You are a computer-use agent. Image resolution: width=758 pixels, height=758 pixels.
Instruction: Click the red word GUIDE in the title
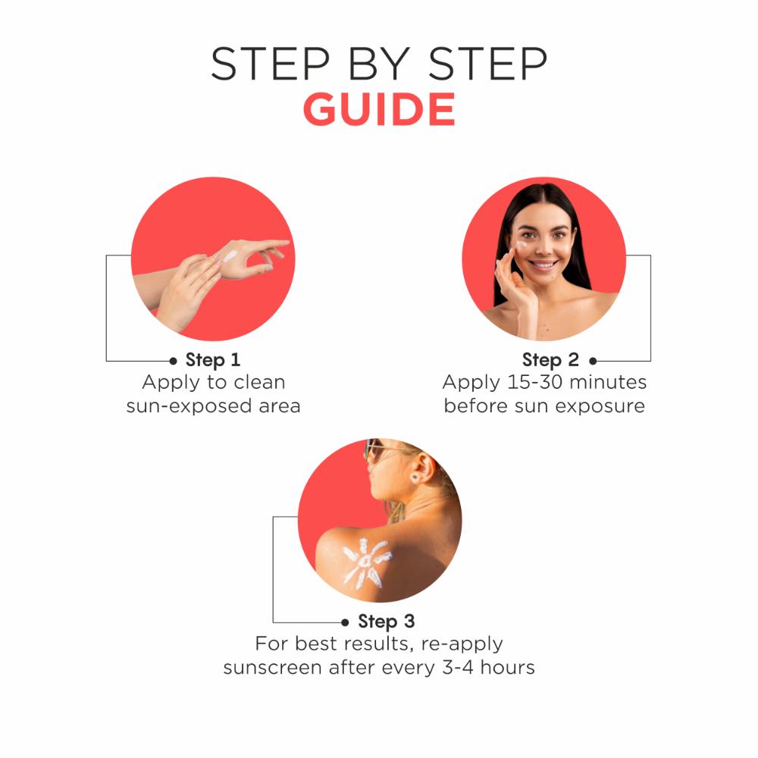click(x=379, y=111)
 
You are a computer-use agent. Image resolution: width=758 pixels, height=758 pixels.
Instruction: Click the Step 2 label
click(x=550, y=360)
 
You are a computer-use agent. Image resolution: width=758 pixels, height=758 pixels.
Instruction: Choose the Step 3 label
click(x=387, y=622)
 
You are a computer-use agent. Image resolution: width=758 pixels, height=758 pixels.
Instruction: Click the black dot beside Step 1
click(x=174, y=361)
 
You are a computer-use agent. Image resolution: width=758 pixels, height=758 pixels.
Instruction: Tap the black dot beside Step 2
click(x=593, y=361)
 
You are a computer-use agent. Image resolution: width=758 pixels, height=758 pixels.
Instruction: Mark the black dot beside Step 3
click(x=345, y=622)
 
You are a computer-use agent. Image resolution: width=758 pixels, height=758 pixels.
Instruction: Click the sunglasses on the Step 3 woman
click(x=374, y=450)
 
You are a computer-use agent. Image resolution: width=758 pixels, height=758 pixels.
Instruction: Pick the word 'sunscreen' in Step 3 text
click(x=272, y=668)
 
